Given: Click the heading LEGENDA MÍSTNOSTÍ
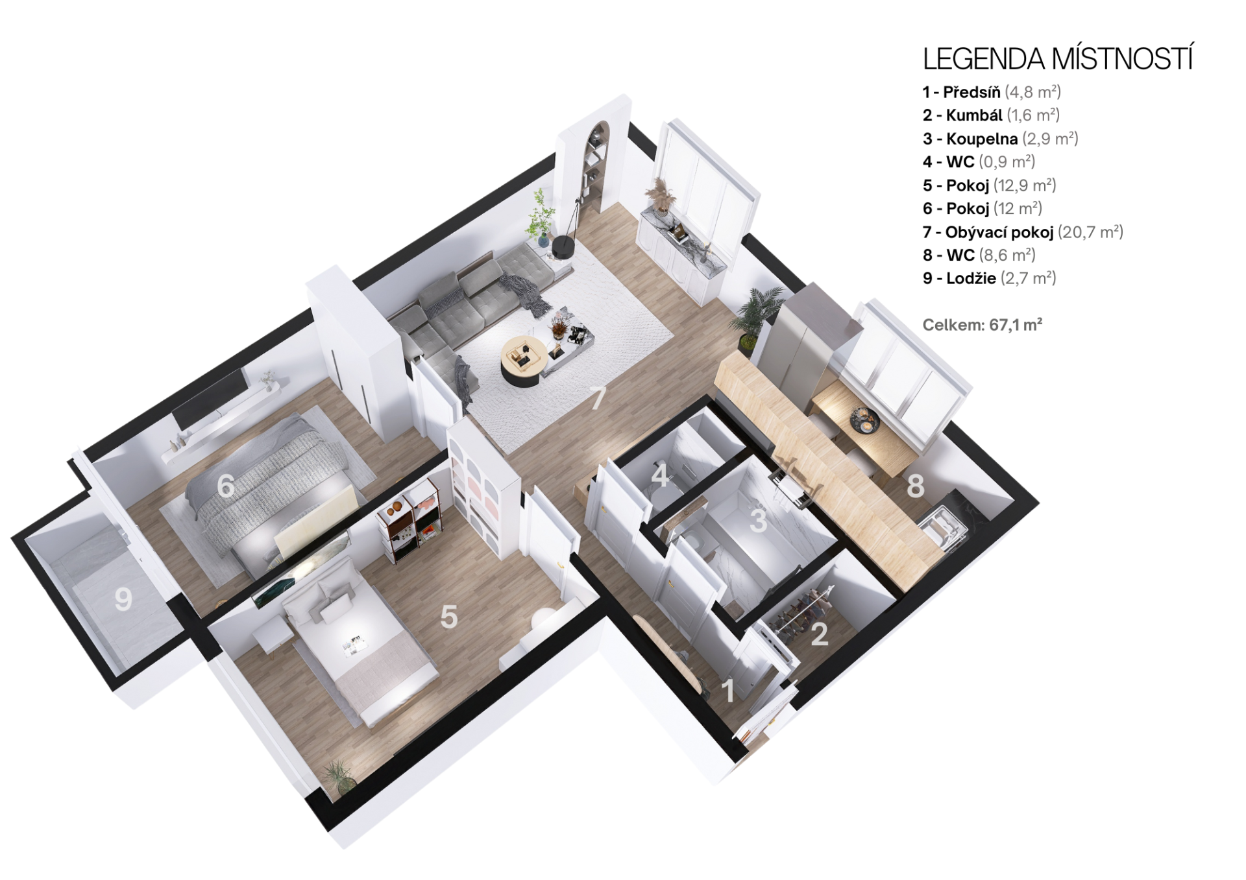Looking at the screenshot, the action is pyautogui.click(x=1058, y=58).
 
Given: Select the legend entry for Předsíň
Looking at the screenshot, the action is pyautogui.click(x=992, y=92).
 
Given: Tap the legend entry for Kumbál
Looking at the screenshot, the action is pyautogui.click(x=991, y=115).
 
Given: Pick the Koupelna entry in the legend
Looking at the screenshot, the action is pyautogui.click(x=1000, y=139).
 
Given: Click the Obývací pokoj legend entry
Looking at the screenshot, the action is pyautogui.click(x=1023, y=232).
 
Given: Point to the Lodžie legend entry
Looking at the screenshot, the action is pyautogui.click(x=990, y=278).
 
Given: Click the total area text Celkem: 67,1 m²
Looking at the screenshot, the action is pyautogui.click(x=983, y=325).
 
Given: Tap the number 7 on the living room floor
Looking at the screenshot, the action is pyautogui.click(x=598, y=398).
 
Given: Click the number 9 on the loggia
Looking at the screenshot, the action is pyautogui.click(x=123, y=599).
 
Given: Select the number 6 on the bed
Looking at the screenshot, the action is pyautogui.click(x=226, y=486).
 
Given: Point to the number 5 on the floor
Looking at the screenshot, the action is pyautogui.click(x=448, y=617).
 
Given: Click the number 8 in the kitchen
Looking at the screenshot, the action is pyautogui.click(x=915, y=485).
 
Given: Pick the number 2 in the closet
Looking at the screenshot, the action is pyautogui.click(x=820, y=634).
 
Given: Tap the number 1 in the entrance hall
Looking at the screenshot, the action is pyautogui.click(x=728, y=691).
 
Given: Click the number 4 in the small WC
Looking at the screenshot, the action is pyautogui.click(x=660, y=475).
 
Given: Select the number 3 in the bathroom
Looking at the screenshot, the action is pyautogui.click(x=758, y=520).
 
